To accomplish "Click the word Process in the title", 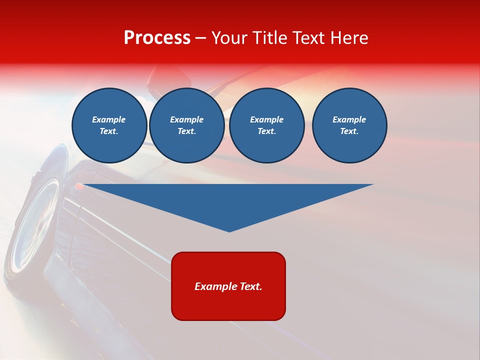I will point(157,38).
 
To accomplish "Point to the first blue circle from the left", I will point(109,125).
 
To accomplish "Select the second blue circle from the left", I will point(187,125).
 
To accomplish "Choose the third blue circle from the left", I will point(267,125).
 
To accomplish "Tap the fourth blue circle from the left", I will point(349,125).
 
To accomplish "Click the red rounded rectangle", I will point(228,305).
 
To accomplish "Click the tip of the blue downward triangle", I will point(229,230).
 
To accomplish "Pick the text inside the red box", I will point(228,286).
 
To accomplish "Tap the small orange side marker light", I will point(79,186).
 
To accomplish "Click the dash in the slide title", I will point(201,38).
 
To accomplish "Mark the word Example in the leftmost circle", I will point(109,119).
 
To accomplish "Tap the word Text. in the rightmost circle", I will point(349,131).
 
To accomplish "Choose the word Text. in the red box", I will point(250,286).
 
